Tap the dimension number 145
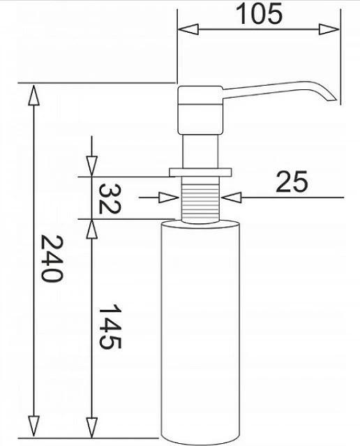[110, 327]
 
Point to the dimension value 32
[110, 198]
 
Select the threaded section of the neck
[200, 198]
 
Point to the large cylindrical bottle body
[200, 328]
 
